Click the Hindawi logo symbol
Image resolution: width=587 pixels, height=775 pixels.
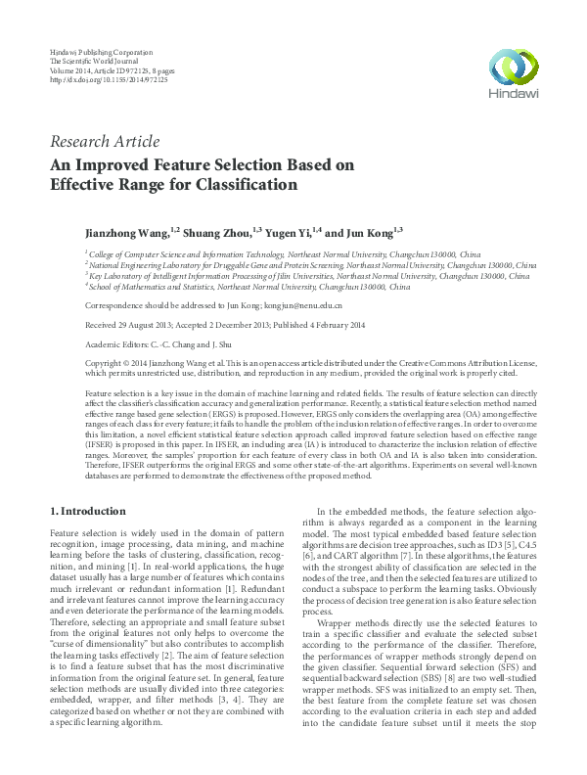click(507, 66)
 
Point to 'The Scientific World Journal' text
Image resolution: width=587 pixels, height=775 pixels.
click(96, 60)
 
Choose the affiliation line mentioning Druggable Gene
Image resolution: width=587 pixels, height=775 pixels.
click(311, 264)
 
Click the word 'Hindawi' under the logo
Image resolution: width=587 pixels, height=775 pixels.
click(507, 94)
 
